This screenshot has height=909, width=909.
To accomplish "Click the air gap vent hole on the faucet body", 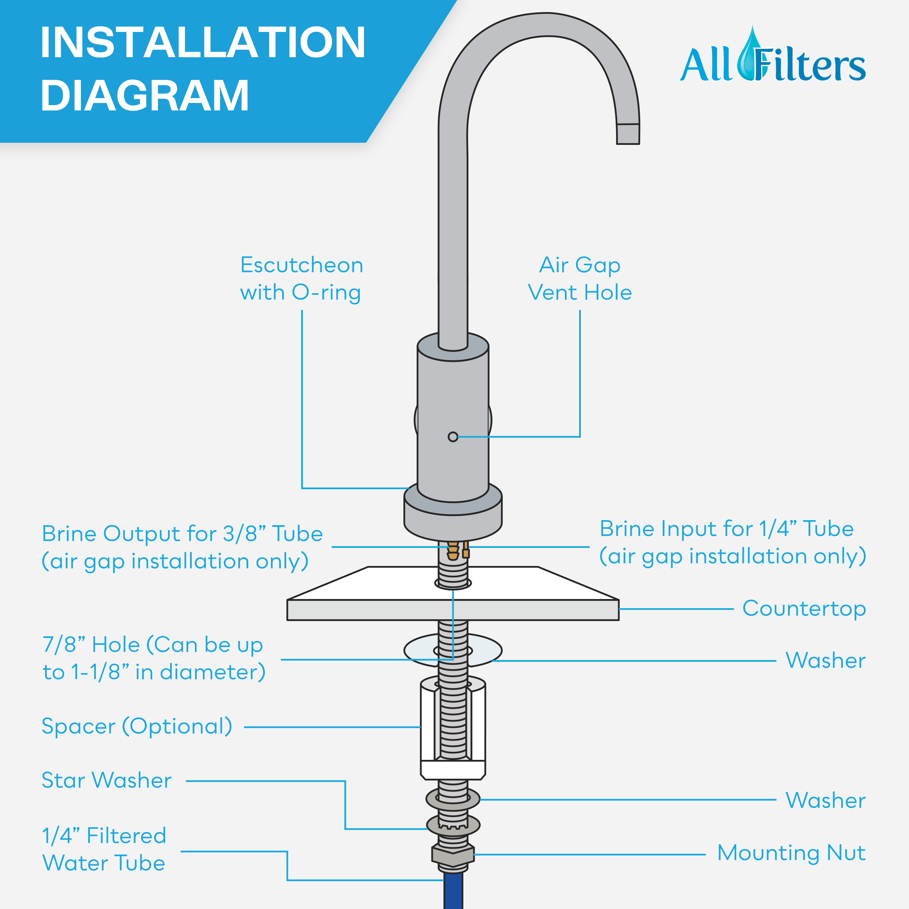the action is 453,437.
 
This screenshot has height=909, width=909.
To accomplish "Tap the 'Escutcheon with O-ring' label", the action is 301,278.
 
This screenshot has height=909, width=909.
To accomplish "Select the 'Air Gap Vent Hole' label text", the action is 579,278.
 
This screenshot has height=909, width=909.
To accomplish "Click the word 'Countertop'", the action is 804,608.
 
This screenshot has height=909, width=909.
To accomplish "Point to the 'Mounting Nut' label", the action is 791,853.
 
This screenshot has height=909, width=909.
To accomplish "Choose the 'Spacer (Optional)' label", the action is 137,726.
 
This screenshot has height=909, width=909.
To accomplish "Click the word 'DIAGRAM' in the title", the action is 145,95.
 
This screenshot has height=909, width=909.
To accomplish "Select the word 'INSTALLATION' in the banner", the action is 203,42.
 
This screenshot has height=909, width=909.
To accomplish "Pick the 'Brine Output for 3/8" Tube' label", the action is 183,547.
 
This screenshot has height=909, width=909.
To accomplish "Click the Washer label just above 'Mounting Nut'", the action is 826,800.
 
